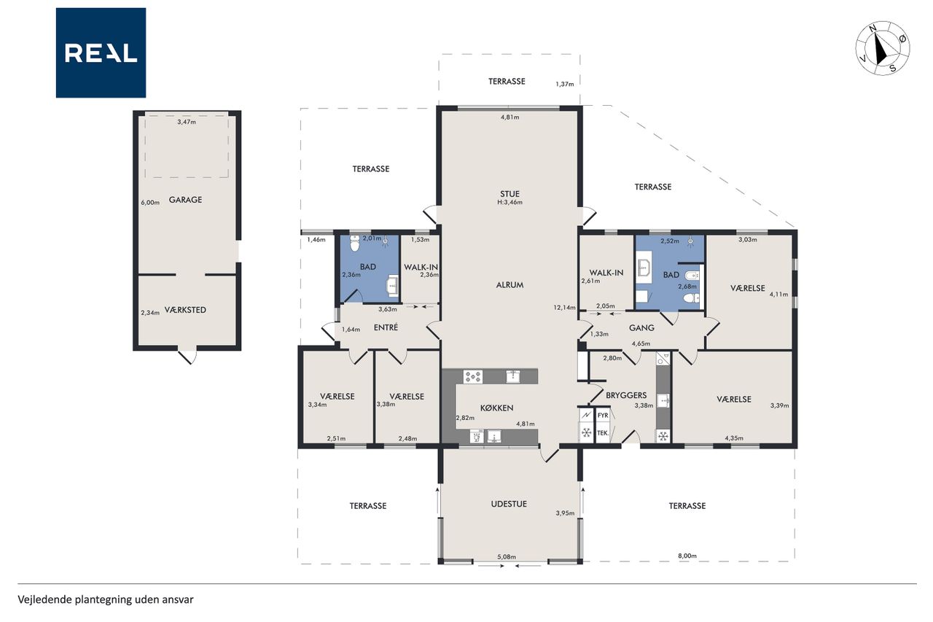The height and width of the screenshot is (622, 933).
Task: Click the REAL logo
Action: [101, 53]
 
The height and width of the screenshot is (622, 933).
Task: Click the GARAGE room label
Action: [185, 200]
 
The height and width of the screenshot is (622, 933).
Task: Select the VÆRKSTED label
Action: [185, 310]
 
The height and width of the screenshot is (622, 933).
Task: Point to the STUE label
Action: [510, 194]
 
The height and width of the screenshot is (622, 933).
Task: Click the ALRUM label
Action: [510, 285]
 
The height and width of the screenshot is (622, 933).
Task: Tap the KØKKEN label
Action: [496, 408]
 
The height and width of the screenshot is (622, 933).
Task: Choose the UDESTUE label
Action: [509, 504]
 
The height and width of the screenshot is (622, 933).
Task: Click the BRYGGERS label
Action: [626, 395]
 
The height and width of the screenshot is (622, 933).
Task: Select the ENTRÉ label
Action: [386, 327]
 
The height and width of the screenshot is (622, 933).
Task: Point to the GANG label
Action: [641, 328]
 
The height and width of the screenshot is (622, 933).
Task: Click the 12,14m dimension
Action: [564, 308]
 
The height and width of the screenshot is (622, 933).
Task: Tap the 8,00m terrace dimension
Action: [687, 556]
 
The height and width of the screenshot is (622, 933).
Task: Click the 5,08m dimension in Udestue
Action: [507, 556]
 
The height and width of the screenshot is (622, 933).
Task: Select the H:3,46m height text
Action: [510, 203]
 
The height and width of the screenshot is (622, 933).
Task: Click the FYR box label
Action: [603, 416]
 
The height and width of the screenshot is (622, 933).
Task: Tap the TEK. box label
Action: [603, 433]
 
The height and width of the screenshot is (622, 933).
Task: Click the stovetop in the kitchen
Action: [473, 376]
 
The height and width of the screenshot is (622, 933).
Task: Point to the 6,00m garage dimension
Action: [150, 203]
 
